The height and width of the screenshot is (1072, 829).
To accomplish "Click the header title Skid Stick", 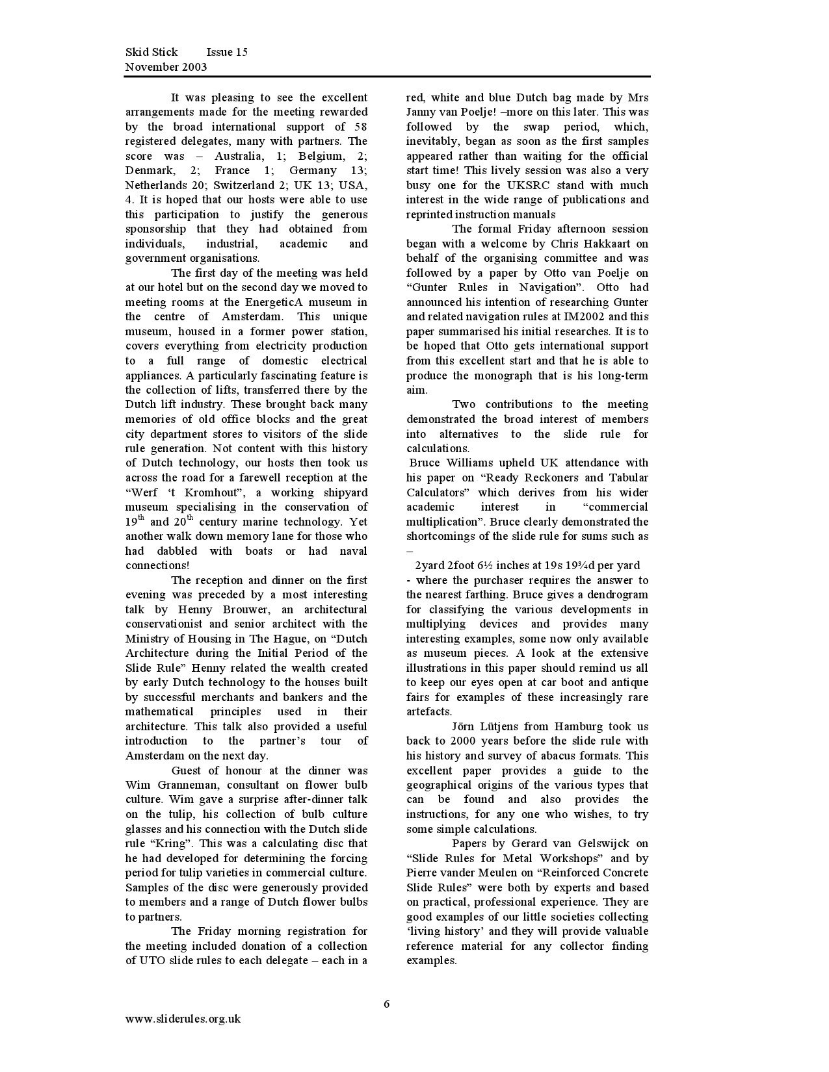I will click(x=151, y=52).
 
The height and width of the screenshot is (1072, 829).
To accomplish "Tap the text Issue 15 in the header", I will click(x=227, y=52).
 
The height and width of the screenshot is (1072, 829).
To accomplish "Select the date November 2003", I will click(x=166, y=67).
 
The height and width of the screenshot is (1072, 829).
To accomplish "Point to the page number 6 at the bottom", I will click(x=387, y=1004).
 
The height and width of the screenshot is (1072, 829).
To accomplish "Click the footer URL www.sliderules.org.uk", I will click(x=183, y=1019).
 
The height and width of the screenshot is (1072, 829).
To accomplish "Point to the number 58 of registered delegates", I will click(x=361, y=127).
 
